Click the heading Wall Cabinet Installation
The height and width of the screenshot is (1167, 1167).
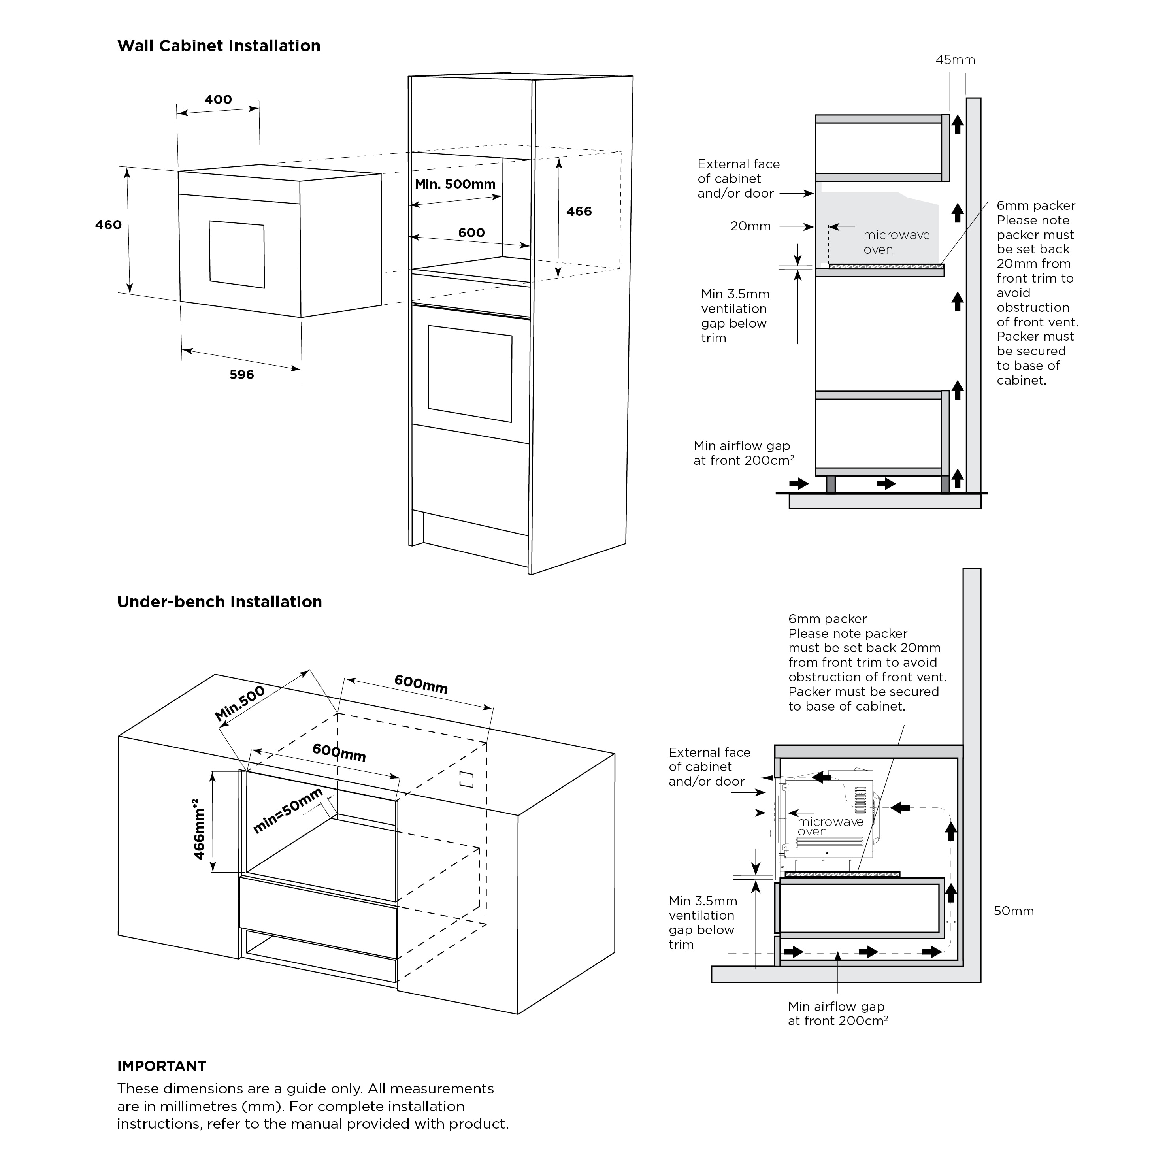point(219,46)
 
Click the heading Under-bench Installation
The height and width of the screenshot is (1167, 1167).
point(219,601)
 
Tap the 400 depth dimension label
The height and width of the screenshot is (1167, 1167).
point(218,100)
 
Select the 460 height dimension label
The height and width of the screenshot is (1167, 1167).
point(108,225)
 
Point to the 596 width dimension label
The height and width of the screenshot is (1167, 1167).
point(241,375)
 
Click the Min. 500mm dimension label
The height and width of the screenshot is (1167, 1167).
point(455,184)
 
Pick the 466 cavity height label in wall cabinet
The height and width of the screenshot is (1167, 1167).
point(579,211)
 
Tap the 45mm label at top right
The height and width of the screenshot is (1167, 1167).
point(955,60)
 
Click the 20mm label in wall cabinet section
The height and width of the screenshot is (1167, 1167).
point(750,226)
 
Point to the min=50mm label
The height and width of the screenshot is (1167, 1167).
point(288,811)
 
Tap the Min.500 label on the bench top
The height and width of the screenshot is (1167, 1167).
point(240,703)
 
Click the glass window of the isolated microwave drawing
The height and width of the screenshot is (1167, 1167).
point(237,254)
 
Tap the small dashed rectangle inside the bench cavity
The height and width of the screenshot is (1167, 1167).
point(466,779)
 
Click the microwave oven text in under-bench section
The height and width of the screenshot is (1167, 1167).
point(830,826)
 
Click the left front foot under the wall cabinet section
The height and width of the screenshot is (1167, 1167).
point(831,484)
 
